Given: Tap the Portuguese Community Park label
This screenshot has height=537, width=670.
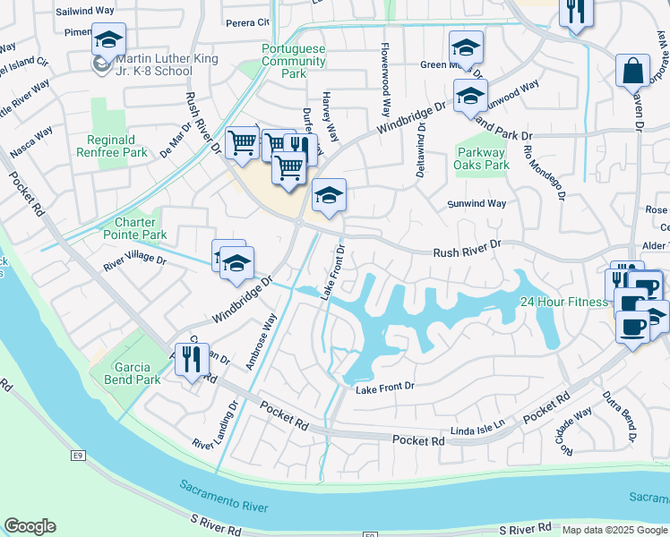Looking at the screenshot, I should tap(294, 61).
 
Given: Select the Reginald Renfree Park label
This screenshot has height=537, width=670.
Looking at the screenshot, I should tap(117, 146).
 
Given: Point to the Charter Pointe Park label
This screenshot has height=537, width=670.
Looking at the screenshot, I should tap(141, 228).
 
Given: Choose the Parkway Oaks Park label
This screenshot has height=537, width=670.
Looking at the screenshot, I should tap(482, 158).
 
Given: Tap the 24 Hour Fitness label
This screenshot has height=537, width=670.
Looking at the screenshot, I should tap(564, 302).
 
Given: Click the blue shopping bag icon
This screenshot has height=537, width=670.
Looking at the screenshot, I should tap(632, 70).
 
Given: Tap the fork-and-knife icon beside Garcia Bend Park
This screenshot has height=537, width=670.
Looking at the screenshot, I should tap(192, 360).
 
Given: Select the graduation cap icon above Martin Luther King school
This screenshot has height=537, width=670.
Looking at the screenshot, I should tap(108, 40).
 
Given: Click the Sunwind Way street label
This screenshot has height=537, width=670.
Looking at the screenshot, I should tap(477, 204).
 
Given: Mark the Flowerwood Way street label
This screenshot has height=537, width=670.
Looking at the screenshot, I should tap(386, 81).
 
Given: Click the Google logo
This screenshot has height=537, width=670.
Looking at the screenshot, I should tap(30, 526).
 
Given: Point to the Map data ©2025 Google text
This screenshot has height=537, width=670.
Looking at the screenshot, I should tap(613, 530).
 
